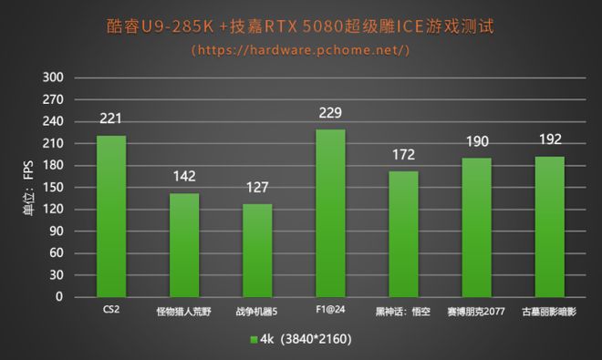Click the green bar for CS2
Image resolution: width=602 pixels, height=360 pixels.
(111, 216)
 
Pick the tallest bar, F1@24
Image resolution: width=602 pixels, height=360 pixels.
(330, 212)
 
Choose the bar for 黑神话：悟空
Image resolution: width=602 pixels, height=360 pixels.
(403, 233)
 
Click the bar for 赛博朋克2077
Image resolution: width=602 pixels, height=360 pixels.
(476, 227)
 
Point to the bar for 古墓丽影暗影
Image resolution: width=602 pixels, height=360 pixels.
(549, 226)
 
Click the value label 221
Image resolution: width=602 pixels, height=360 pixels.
(111, 118)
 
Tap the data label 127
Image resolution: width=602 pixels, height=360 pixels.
(257, 189)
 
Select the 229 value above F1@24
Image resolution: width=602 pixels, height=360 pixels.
(330, 112)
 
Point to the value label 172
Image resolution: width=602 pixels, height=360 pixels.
(403, 155)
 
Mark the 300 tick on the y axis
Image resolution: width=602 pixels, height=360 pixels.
(53, 78)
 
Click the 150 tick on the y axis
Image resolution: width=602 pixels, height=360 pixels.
(53, 188)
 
